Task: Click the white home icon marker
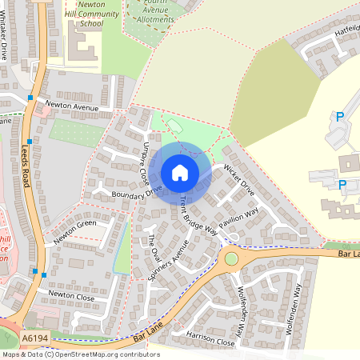point(180,173)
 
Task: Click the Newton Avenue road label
point(72,106)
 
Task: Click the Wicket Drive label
point(238,181)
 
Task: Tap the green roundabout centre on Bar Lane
point(232,258)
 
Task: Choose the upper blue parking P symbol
point(340,117)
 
